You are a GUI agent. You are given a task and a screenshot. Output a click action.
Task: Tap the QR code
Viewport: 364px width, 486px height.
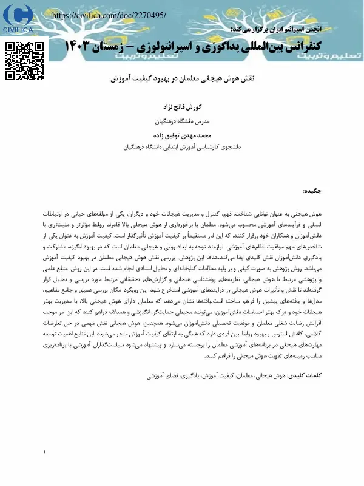[25, 61]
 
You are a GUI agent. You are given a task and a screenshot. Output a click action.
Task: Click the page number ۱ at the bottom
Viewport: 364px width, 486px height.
[45, 451]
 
